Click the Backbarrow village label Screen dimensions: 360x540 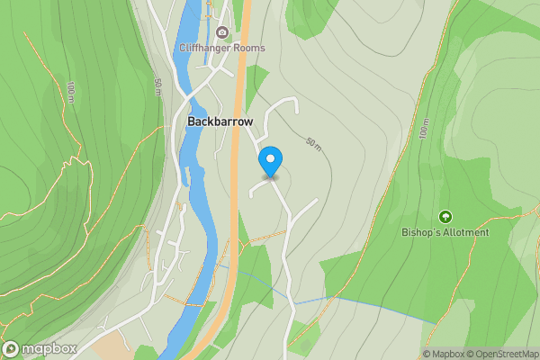(220, 121)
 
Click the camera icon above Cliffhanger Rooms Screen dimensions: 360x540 (222, 32)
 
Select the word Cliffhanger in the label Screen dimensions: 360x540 (205, 48)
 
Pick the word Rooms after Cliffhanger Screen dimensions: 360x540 (249, 48)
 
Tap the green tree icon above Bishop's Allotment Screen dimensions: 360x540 (445, 217)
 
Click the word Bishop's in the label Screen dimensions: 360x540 (420, 232)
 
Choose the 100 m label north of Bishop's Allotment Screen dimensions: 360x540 (424, 130)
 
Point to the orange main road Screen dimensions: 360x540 (237, 180)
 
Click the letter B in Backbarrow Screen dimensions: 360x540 (192, 121)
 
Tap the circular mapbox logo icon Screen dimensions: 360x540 (12, 349)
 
